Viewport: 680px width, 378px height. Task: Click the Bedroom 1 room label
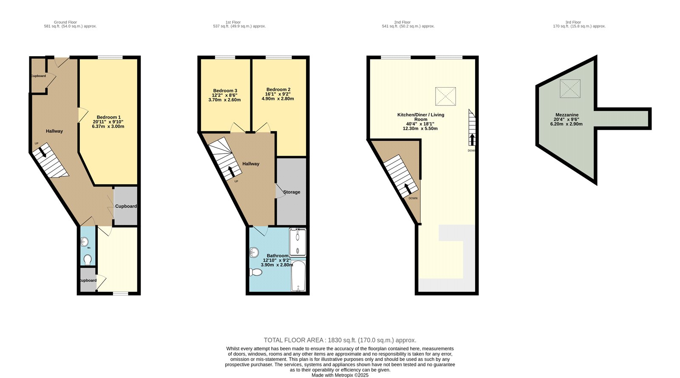109,117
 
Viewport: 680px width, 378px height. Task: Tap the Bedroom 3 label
225,91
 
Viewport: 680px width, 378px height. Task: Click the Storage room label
292,192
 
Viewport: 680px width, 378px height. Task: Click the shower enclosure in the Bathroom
297,242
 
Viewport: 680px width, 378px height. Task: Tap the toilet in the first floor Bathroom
256,272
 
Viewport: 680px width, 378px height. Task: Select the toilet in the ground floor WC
88,259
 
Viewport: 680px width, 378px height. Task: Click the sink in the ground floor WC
84,242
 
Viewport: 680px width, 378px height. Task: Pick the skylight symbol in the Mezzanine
570,89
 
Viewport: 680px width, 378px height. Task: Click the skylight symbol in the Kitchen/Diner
445,96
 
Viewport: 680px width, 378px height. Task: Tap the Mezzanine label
567,115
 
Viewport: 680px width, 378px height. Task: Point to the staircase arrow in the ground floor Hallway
42,152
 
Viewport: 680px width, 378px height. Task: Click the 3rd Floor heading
573,22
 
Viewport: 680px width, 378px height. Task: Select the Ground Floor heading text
65,22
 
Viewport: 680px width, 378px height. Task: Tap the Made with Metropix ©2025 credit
340,375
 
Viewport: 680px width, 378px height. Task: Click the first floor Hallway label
251,164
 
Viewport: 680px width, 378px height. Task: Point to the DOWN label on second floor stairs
413,198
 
